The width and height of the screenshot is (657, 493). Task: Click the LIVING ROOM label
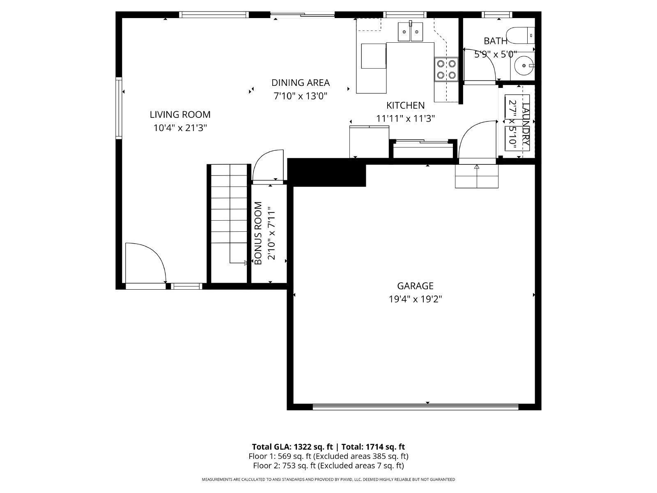point(180,115)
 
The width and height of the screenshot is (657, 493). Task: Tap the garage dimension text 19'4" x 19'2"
point(415,299)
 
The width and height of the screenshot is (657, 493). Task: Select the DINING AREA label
point(300,83)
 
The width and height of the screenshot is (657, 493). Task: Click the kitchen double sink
point(411,32)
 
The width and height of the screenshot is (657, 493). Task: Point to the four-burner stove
point(446,69)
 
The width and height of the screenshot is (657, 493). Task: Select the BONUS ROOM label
point(258,233)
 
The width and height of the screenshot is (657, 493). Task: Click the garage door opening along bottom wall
point(415,407)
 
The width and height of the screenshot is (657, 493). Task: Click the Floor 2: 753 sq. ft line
point(328,465)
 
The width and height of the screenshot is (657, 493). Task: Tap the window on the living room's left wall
point(119,108)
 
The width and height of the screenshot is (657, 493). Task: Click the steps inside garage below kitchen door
point(476,176)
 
